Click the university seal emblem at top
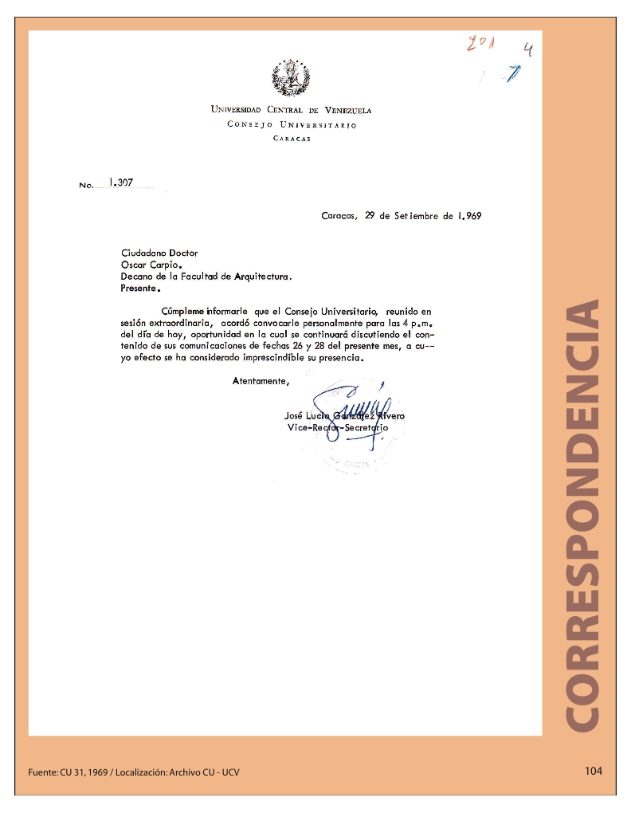[x=291, y=79]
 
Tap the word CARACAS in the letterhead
[x=292, y=139]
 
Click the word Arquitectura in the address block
[x=262, y=277]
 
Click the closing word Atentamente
[x=260, y=381]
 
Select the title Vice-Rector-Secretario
[x=337, y=428]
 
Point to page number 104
[x=594, y=771]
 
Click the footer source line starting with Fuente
[x=133, y=772]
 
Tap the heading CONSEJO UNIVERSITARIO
[x=292, y=125]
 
